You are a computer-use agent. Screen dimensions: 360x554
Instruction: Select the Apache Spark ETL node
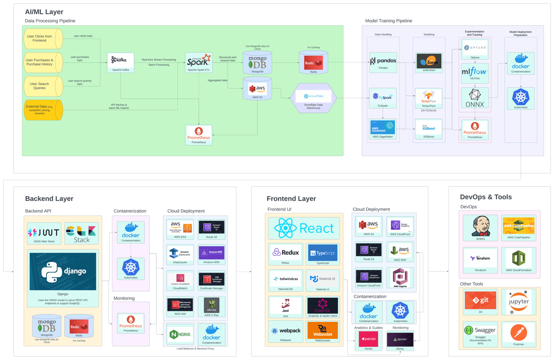(198, 61)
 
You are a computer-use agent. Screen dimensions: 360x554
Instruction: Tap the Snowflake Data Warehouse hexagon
(313, 98)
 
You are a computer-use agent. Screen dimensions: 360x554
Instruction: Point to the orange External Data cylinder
(41, 110)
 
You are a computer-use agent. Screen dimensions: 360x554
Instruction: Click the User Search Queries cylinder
(41, 86)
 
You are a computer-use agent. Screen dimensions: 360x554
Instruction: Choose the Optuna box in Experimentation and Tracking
(475, 49)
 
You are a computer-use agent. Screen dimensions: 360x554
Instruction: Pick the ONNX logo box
(475, 98)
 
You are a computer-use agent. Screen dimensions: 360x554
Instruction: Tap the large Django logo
(63, 271)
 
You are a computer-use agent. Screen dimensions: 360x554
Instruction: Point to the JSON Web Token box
(44, 233)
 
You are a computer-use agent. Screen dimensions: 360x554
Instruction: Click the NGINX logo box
(180, 334)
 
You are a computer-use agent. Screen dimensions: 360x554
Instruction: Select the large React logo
(304, 228)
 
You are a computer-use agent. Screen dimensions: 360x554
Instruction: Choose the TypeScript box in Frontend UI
(322, 254)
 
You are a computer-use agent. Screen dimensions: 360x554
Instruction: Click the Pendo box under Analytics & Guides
(369, 340)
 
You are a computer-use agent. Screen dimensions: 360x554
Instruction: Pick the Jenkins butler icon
(481, 226)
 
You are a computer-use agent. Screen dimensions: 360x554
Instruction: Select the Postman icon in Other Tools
(519, 332)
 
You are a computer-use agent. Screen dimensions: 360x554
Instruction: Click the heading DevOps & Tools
(486, 197)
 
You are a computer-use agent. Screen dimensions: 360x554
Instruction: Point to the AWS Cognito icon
(400, 278)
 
